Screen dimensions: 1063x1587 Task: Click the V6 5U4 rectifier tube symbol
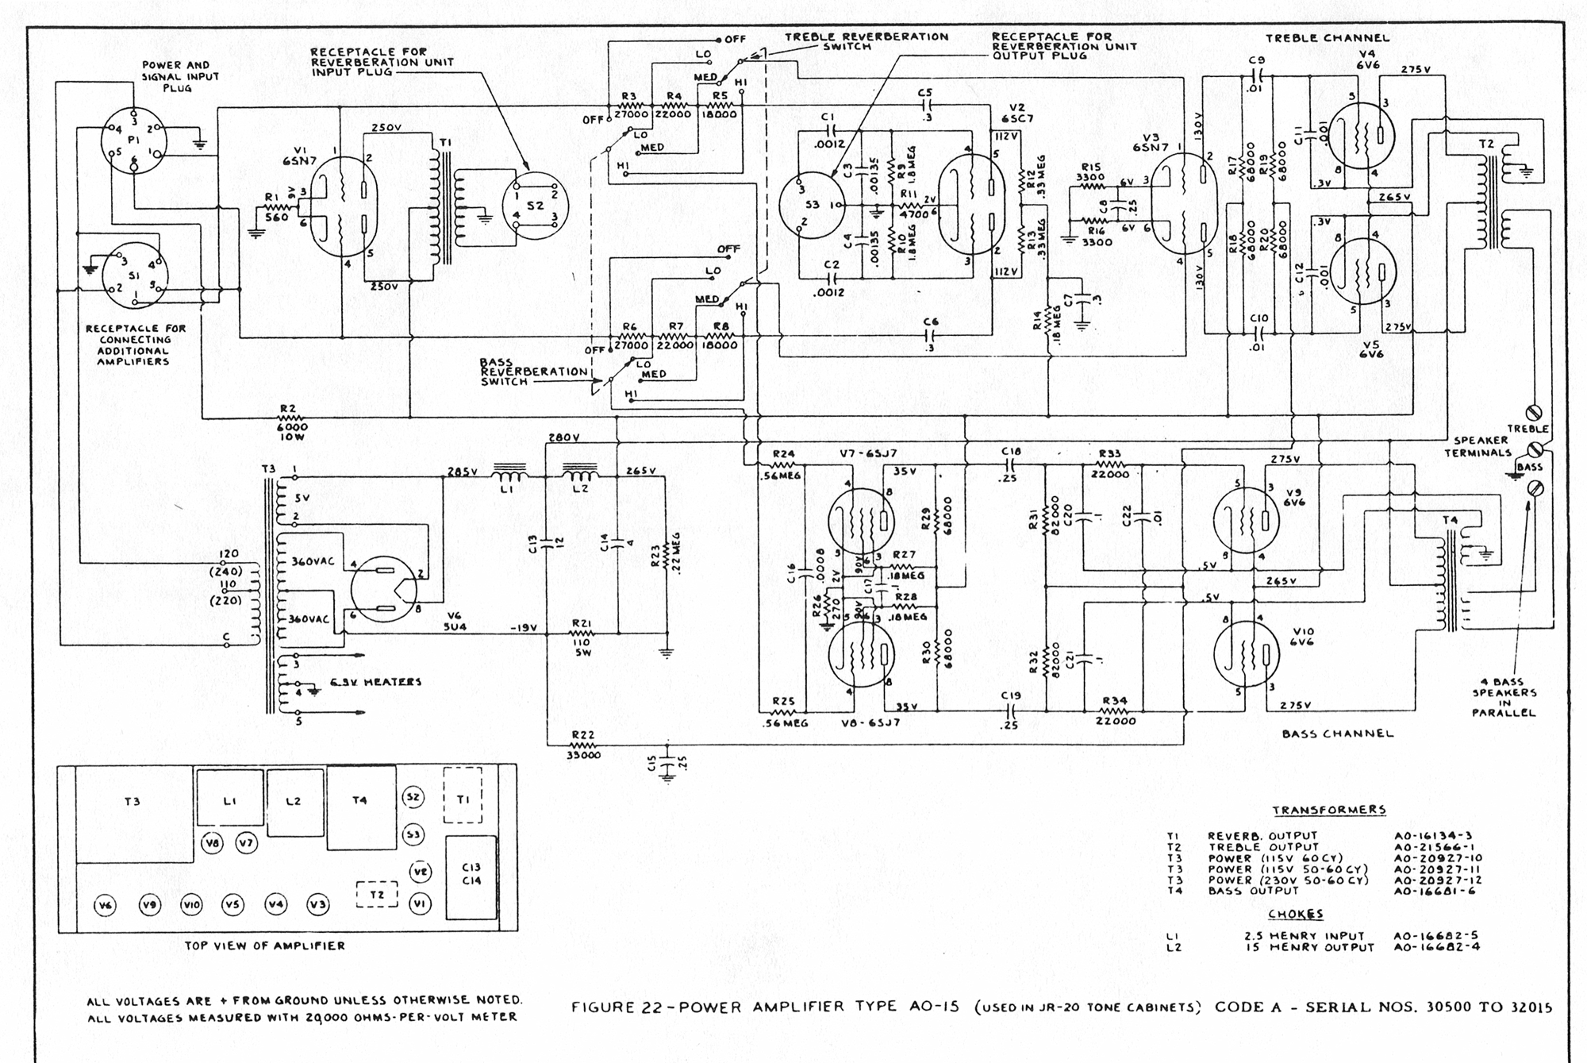384,588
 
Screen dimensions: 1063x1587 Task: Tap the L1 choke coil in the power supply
508,475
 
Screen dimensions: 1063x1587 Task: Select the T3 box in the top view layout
133,814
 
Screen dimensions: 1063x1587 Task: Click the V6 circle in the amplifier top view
106,905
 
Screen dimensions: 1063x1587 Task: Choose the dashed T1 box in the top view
463,795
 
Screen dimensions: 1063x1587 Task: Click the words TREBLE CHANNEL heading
1327,37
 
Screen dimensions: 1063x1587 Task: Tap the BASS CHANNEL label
1338,734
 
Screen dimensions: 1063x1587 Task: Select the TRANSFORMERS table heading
1329,811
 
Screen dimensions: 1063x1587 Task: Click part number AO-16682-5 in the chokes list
1436,936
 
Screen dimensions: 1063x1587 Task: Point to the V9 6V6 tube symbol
1246,520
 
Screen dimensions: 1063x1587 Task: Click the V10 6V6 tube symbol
1246,653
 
